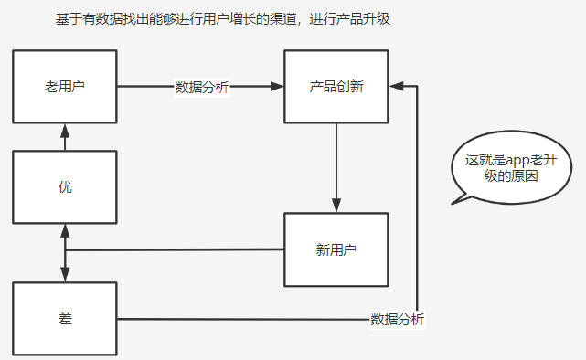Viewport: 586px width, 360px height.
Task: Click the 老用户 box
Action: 65,87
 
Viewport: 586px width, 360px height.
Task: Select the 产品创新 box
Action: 336,87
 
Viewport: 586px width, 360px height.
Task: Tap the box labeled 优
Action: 65,187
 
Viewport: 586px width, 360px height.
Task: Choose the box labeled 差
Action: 65,319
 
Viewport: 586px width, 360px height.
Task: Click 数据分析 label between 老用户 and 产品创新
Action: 202,88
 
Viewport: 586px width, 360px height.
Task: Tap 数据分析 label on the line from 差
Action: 398,320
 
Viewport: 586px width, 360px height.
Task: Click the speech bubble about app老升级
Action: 501,166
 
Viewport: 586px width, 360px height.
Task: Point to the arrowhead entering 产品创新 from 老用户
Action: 278,87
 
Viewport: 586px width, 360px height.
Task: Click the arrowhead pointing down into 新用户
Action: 336,206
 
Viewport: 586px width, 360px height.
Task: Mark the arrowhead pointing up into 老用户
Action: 65,129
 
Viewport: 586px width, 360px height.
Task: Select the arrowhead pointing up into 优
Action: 65,230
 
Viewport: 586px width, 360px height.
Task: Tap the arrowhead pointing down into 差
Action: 65,275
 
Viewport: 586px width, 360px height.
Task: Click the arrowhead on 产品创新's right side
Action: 396,87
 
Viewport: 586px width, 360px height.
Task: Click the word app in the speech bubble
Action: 518,159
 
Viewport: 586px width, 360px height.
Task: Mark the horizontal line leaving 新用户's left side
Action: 174,249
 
